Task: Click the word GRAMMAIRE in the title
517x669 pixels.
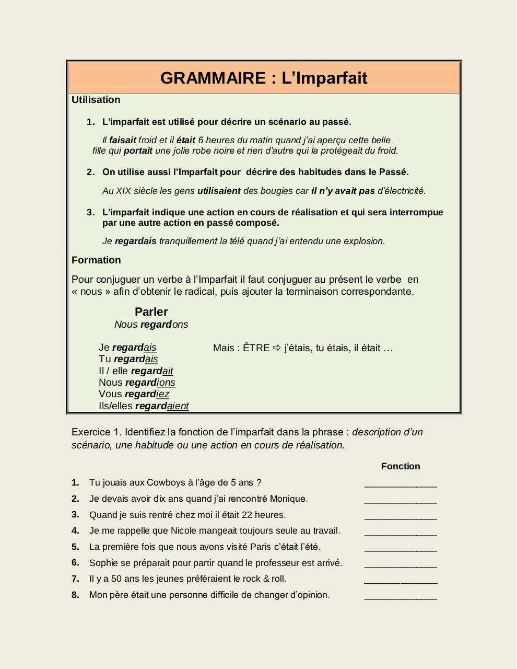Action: [213, 78]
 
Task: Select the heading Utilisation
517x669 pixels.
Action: [96, 100]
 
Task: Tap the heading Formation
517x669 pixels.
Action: [96, 260]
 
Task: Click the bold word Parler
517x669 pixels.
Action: [151, 312]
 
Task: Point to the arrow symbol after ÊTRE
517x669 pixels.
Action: [277, 348]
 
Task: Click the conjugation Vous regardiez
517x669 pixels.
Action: [134, 394]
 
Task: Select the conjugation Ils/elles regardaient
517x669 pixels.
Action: [144, 406]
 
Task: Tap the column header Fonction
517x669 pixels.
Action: [401, 466]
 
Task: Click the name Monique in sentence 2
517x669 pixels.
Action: [288, 499]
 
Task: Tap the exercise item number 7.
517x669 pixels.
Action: [75, 579]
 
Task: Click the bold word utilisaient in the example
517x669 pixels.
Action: [219, 191]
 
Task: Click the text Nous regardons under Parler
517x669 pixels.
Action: [151, 325]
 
